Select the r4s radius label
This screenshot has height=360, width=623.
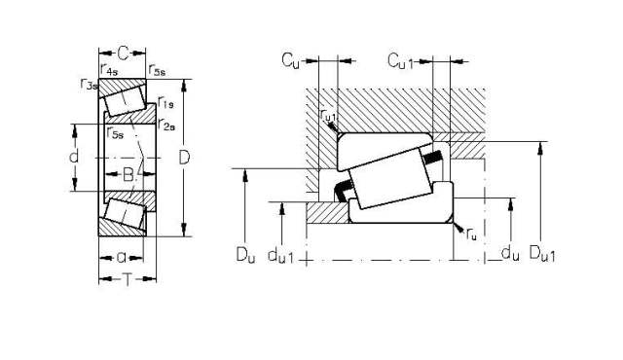coord(109,69)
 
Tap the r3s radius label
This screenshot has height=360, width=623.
coord(89,85)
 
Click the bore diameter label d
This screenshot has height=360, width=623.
coord(74,156)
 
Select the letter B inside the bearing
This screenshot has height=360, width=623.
coord(128,175)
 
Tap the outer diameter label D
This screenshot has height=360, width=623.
coord(185,156)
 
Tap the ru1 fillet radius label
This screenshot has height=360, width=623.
coord(328,117)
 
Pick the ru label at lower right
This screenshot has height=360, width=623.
coord(472,234)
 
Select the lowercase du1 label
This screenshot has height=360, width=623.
coord(285,257)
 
